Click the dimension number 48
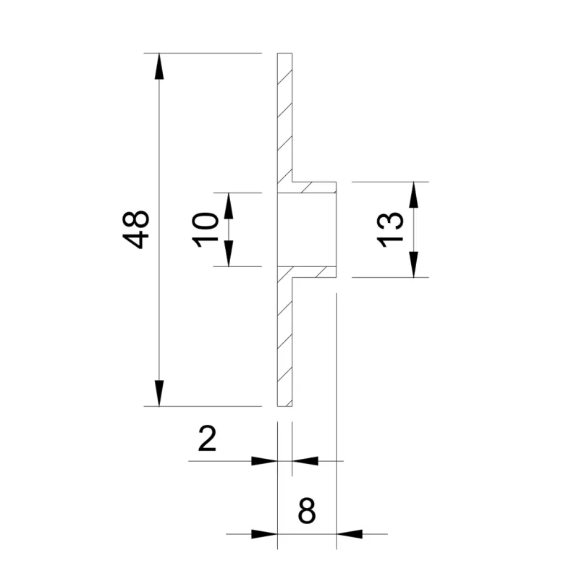click(136, 229)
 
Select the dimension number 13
click(390, 229)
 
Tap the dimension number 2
click(208, 439)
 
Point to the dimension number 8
click(307, 512)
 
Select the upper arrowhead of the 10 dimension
click(229, 206)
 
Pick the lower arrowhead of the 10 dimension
click(229, 254)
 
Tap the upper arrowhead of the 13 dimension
click(413, 194)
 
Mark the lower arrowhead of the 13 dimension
click(413, 265)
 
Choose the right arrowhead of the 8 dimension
click(350, 534)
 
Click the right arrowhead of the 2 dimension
click(305, 460)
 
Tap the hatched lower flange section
click(284, 340)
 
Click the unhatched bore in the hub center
click(308, 229)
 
